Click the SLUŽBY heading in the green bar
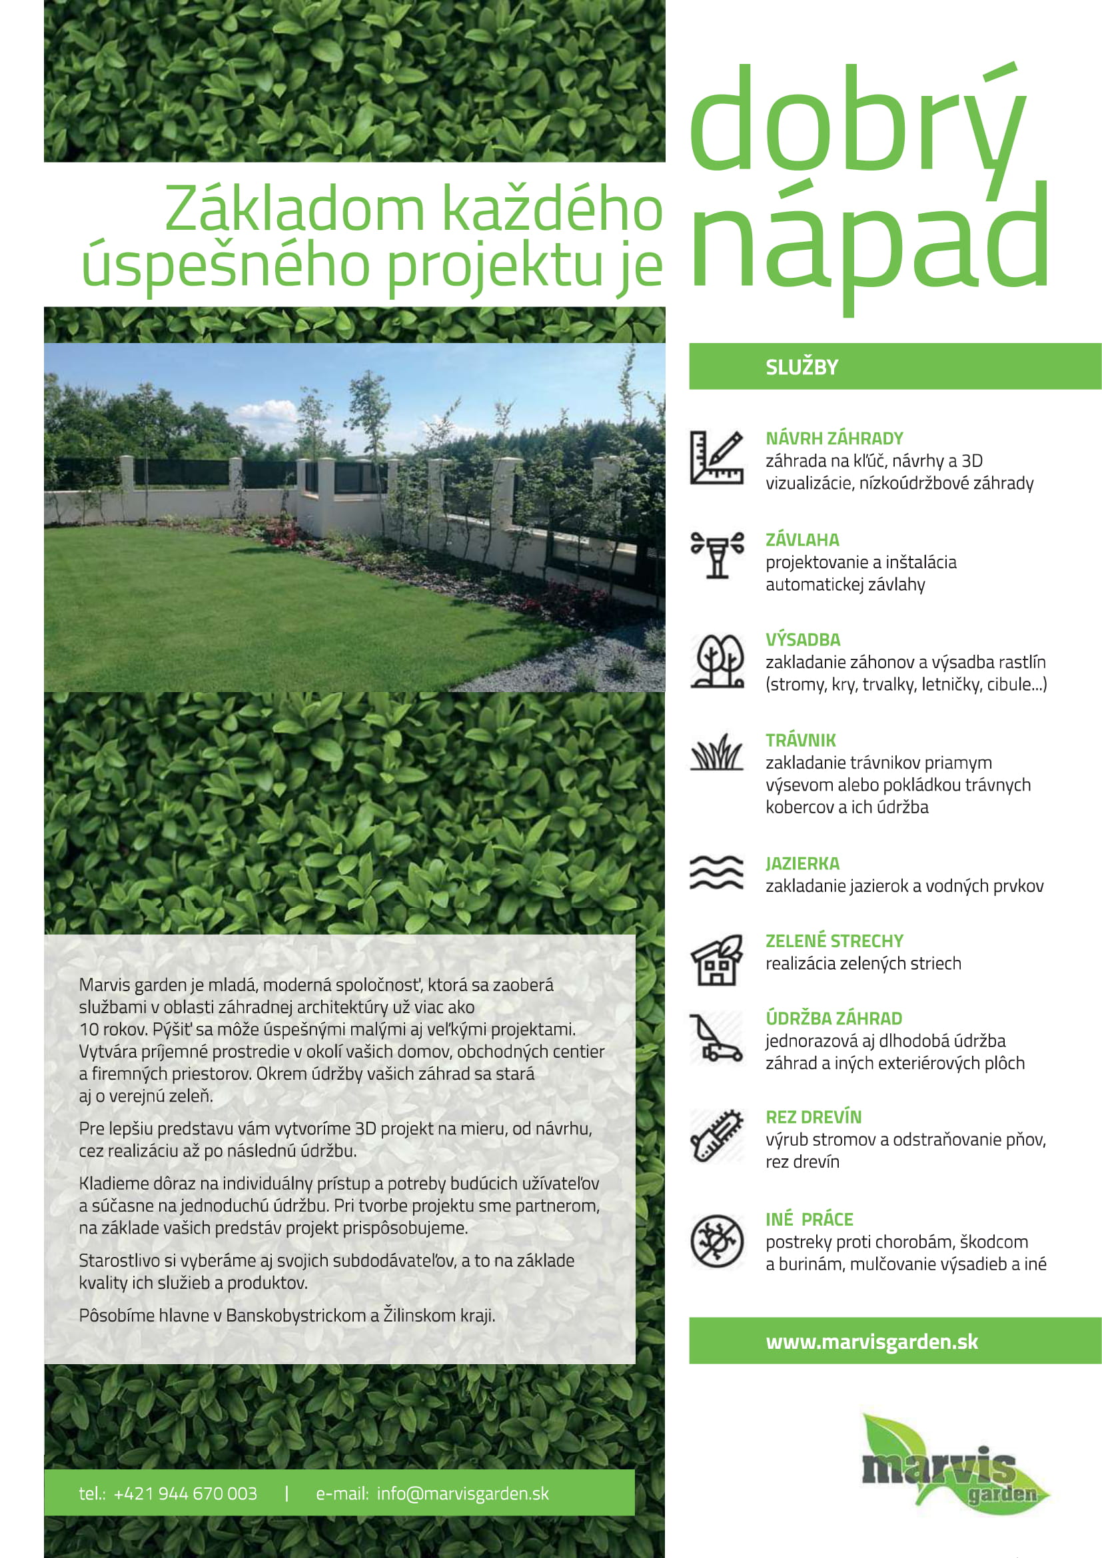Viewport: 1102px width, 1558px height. [802, 367]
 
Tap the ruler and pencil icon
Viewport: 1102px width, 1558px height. [717, 458]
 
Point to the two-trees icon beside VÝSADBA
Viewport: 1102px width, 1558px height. [718, 660]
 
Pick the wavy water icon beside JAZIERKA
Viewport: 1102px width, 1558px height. [717, 872]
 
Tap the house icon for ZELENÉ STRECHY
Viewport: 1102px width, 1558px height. [717, 959]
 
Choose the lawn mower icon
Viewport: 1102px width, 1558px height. [717, 1038]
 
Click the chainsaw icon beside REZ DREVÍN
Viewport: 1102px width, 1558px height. [717, 1136]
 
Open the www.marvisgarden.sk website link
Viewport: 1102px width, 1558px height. [871, 1342]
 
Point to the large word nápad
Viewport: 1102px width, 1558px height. [870, 238]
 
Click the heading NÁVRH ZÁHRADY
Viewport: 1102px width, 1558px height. [834, 438]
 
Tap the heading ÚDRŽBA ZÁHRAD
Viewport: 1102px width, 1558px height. [833, 1018]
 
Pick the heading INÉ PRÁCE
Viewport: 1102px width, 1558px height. [809, 1220]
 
